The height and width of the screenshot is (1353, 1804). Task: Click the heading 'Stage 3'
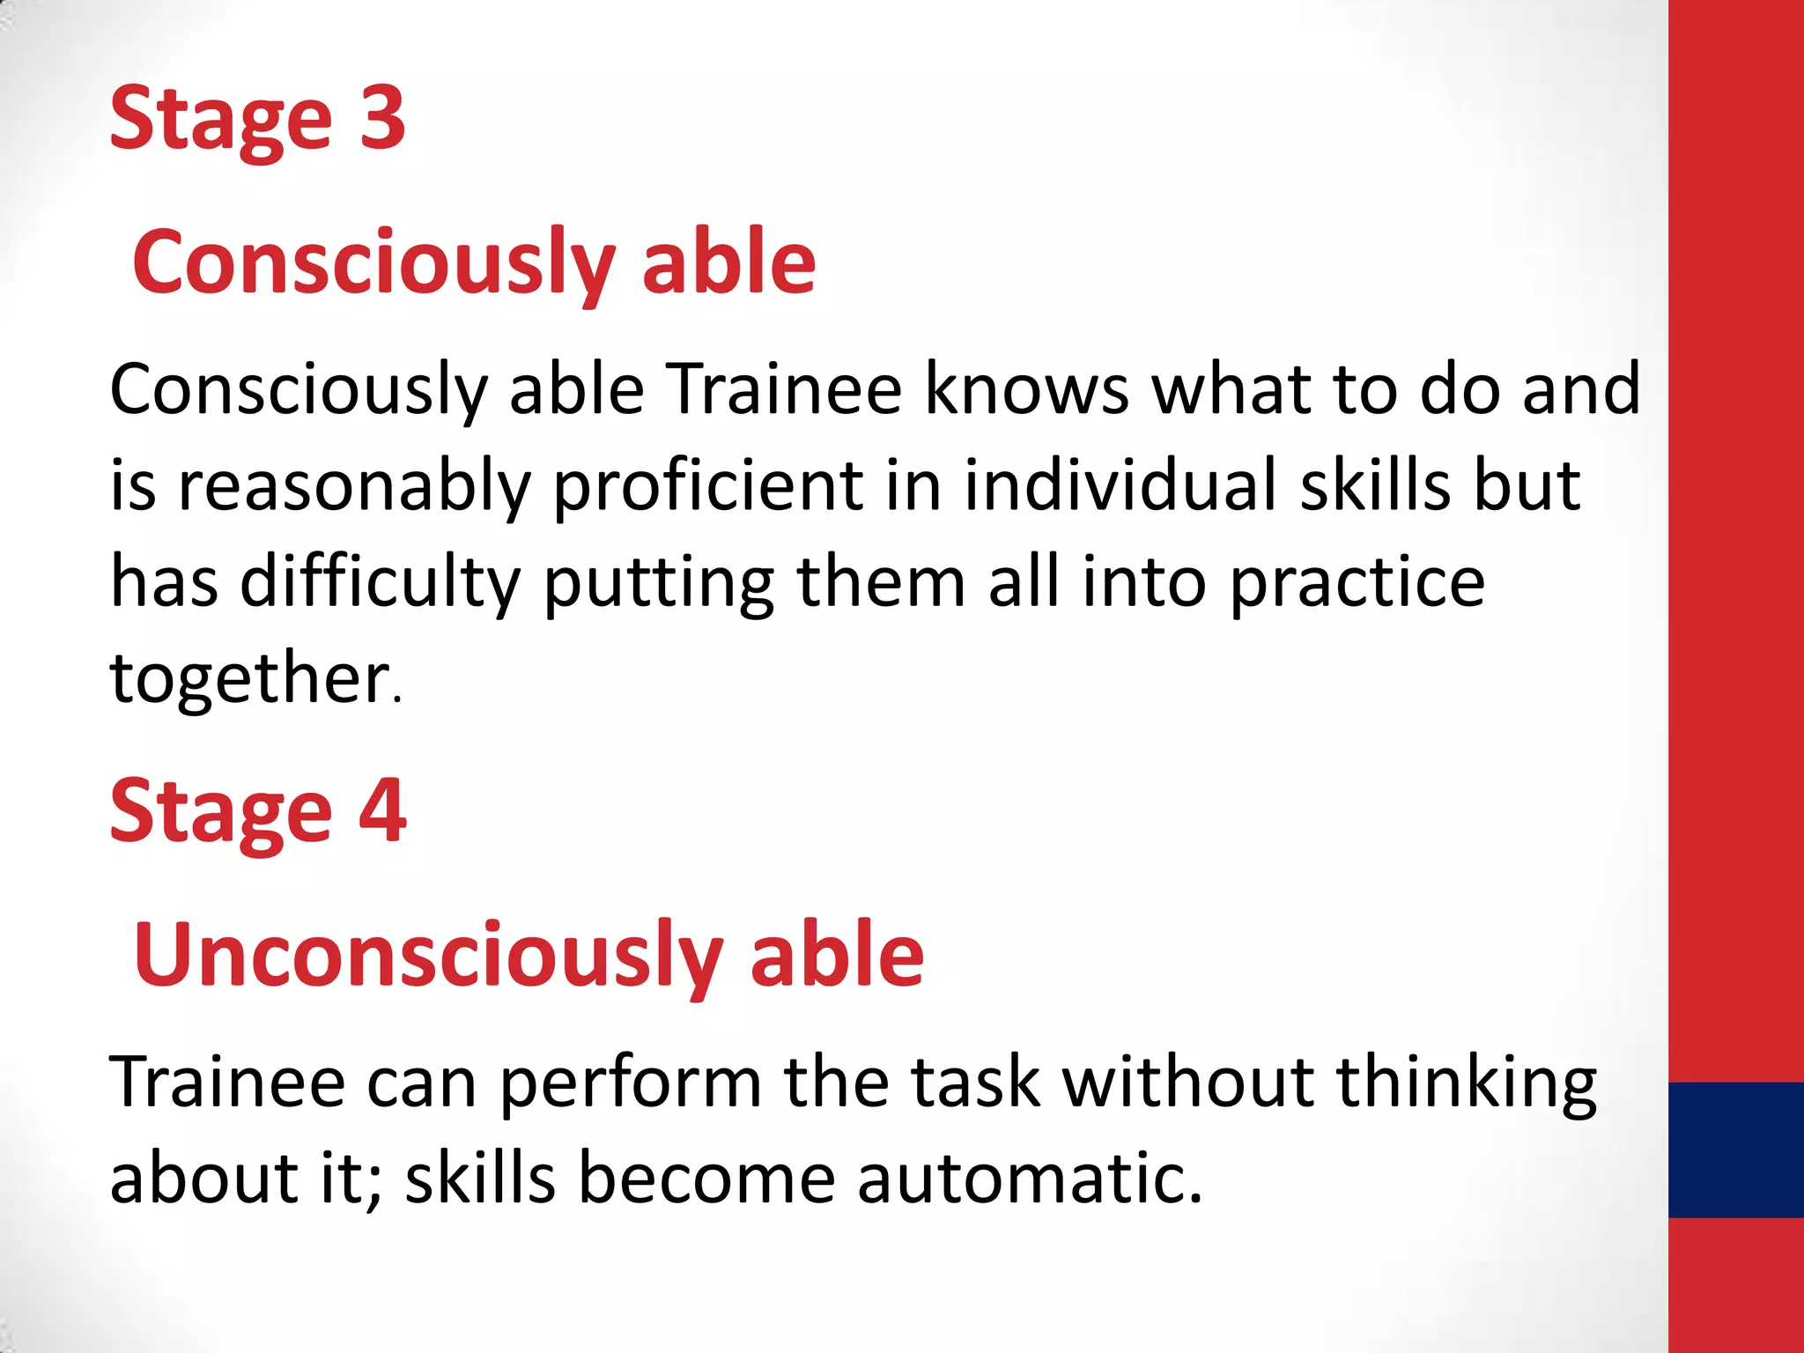click(x=256, y=119)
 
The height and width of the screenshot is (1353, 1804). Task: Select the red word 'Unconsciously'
click(x=428, y=956)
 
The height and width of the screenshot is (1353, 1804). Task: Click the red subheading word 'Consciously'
click(x=373, y=262)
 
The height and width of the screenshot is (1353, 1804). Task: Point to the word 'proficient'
click(x=708, y=486)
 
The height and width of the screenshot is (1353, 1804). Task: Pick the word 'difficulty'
click(x=381, y=583)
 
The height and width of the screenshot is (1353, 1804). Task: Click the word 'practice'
click(x=1357, y=583)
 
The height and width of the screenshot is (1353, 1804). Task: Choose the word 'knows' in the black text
click(x=1026, y=389)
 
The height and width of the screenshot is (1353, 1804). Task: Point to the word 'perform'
click(x=631, y=1083)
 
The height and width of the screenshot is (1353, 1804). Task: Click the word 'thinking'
click(x=1466, y=1083)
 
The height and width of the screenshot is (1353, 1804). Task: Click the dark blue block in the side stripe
click(x=1735, y=1150)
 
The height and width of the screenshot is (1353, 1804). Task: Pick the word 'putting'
click(x=658, y=583)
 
